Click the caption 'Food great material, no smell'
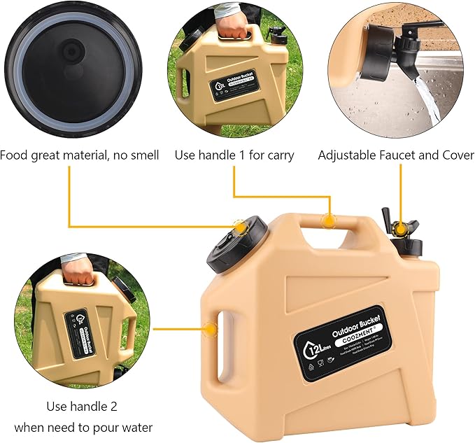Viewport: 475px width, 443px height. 79,155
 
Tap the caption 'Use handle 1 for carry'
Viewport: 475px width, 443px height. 234,155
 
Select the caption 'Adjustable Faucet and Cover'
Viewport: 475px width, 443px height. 396,155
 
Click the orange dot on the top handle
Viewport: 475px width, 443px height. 327,220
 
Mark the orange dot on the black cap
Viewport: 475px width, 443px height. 240,227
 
